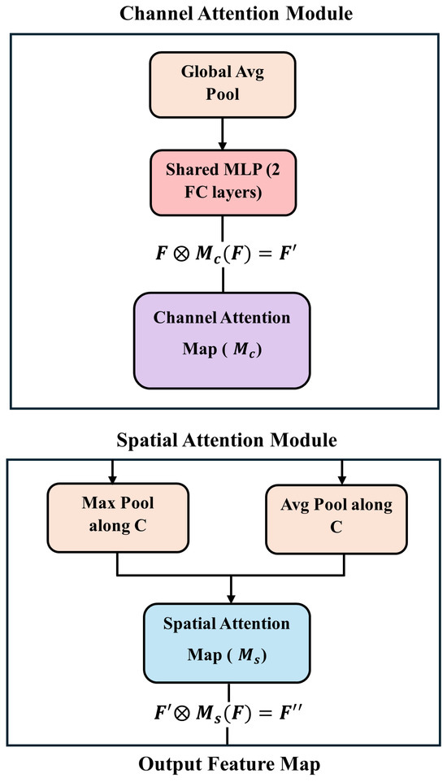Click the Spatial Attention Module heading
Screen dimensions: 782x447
(x=223, y=441)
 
